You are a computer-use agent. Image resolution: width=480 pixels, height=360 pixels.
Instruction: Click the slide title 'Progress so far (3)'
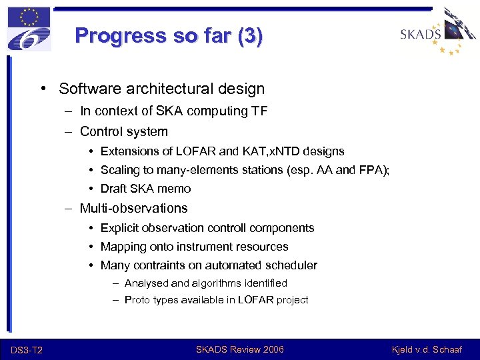tap(169, 35)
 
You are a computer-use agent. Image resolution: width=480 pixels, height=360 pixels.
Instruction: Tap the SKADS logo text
tap(421, 34)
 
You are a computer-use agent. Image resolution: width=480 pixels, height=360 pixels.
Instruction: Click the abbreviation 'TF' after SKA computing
tap(259, 111)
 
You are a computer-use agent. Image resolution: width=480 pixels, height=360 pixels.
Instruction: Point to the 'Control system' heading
tap(123, 131)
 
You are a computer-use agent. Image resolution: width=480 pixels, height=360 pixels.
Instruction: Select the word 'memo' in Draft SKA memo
tap(175, 189)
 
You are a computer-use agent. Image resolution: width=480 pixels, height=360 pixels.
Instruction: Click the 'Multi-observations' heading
tap(133, 208)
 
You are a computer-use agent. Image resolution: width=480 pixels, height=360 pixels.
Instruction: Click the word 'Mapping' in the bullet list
tap(123, 247)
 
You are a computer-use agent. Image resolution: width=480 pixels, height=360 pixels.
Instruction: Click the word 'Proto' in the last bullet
tap(137, 300)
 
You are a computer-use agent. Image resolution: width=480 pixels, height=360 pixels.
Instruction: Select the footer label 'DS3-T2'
tap(27, 350)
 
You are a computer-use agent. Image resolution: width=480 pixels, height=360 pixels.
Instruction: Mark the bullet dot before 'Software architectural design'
tap(43, 89)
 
